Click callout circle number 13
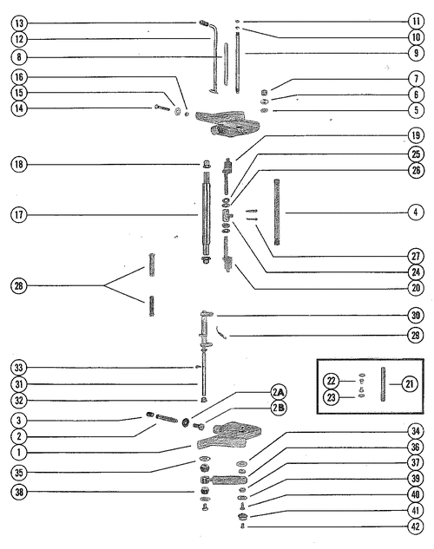tap(19, 23)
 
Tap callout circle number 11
tap(416, 22)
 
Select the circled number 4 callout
tap(416, 212)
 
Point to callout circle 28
tap(19, 285)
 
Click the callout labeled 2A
tap(279, 393)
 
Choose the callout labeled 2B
tap(279, 408)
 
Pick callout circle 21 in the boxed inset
tap(410, 384)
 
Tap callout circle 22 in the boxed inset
tap(331, 381)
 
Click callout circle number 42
tap(416, 526)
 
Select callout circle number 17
tap(19, 214)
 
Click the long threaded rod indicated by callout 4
tap(277, 212)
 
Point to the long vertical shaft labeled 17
tap(207, 214)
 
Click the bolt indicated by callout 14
tap(162, 108)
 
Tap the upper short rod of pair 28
tap(152, 265)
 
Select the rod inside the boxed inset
tap(382, 384)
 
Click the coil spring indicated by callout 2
tap(167, 418)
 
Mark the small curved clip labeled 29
tap(221, 332)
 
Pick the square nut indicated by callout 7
tap(265, 93)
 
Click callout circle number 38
tap(19, 492)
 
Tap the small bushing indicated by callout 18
tap(207, 164)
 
